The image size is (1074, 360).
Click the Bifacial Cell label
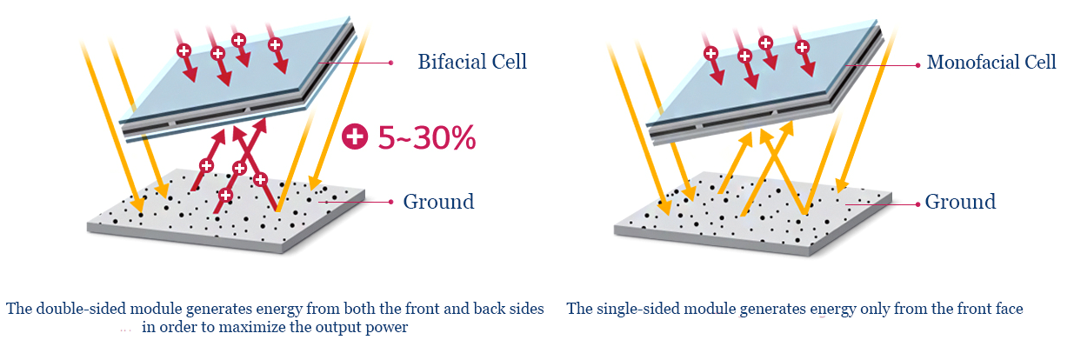pos(472,62)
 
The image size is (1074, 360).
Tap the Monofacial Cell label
pos(991,63)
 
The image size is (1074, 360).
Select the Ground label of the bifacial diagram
pos(438,202)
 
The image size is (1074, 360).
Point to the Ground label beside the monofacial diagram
pos(960,202)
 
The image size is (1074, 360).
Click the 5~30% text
pos(427,137)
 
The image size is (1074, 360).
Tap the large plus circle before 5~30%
pos(355,137)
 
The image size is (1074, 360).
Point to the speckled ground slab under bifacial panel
pos(225,211)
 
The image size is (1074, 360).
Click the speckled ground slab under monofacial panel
pos(753,214)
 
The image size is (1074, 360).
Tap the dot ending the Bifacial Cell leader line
pos(391,63)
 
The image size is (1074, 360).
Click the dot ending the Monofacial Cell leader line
pos(917,65)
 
